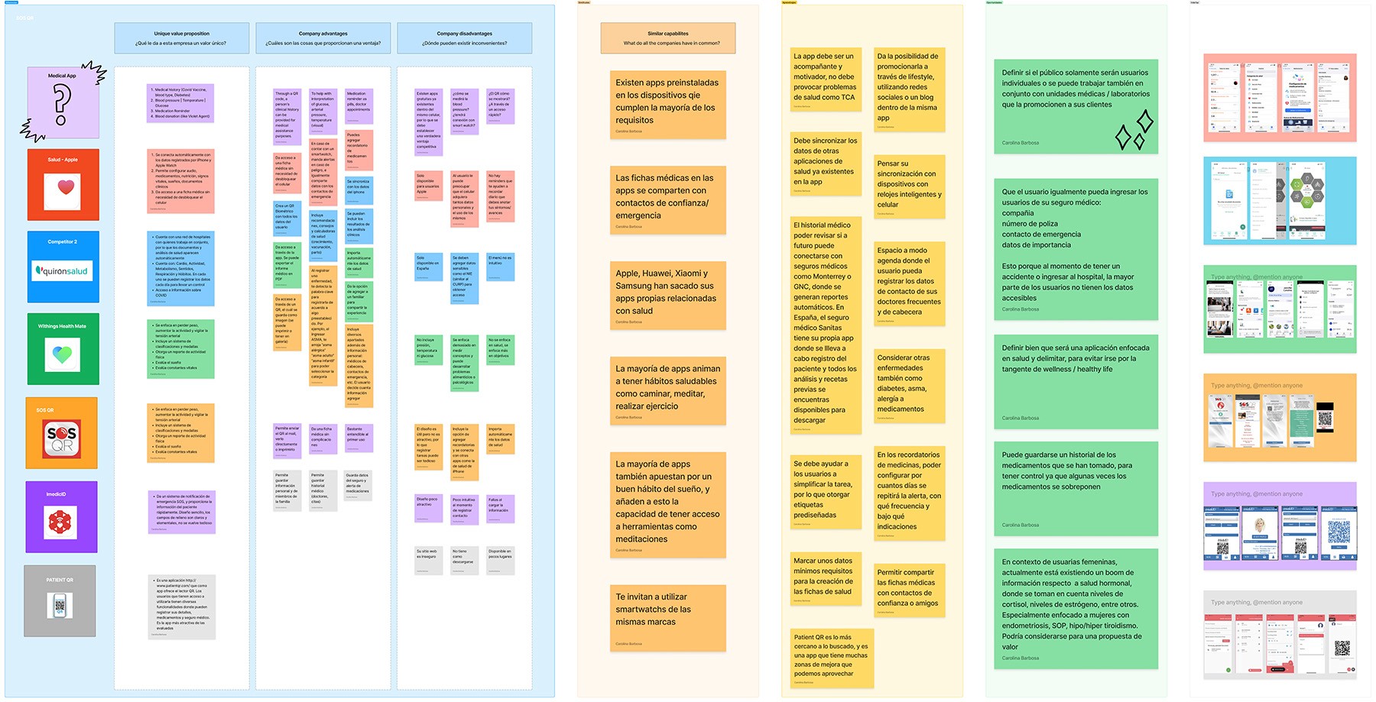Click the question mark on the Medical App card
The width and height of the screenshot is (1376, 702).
tap(61, 104)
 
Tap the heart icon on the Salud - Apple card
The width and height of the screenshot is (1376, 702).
tap(62, 190)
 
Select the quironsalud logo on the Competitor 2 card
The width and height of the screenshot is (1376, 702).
tap(62, 271)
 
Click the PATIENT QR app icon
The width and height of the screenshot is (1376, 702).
tap(60, 606)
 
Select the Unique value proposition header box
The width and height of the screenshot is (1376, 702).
tap(181, 38)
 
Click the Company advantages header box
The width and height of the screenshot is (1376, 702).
tap(323, 38)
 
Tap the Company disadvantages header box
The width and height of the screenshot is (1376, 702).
tap(464, 38)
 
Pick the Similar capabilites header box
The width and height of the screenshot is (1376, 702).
tap(667, 38)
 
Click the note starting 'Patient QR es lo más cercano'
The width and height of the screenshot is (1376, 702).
tap(830, 657)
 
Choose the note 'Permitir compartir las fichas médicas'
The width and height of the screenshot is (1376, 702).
tap(909, 590)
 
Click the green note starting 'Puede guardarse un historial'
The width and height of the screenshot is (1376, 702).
tap(1076, 487)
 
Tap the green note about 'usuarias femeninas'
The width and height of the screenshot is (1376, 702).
tap(1076, 609)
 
